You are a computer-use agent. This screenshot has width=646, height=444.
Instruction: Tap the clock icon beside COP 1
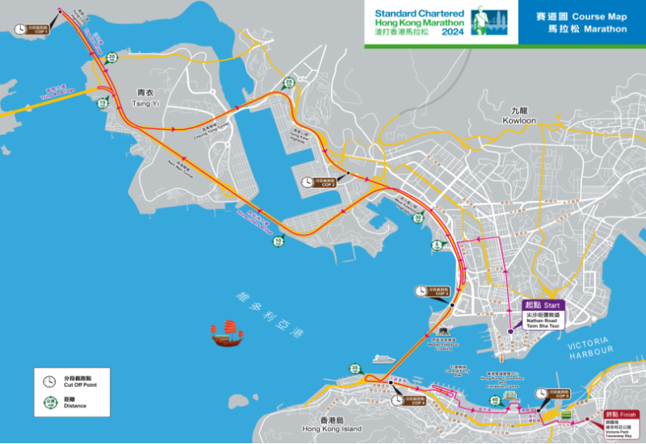[21, 29]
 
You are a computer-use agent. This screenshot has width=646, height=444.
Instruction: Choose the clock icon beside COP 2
[308, 182]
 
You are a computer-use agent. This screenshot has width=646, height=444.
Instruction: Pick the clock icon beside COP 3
[421, 291]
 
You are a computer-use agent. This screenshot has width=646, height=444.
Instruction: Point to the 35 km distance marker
[354, 369]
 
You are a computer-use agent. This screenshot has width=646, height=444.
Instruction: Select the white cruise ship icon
[384, 356]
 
